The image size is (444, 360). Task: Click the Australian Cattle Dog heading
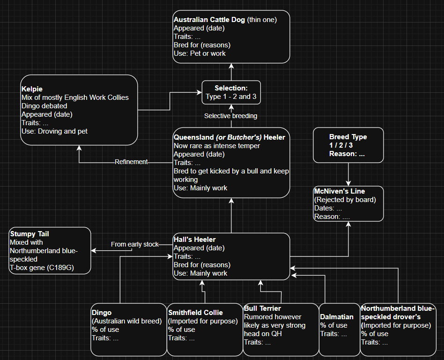pyautogui.click(x=209, y=20)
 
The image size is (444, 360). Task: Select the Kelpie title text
pyautogui.click(x=32, y=89)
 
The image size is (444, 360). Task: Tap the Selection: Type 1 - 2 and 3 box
pyautogui.click(x=231, y=93)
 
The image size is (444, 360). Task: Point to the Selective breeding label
pyautogui.click(x=231, y=116)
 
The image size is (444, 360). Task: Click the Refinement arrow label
pyautogui.click(x=131, y=162)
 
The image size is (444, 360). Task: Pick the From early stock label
pyautogui.click(x=134, y=244)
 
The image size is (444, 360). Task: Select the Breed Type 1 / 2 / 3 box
pyautogui.click(x=348, y=145)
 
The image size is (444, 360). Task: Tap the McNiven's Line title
pyautogui.click(x=339, y=191)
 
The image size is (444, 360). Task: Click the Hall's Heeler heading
pyautogui.click(x=194, y=240)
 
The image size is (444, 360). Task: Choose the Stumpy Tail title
pyautogui.click(x=29, y=234)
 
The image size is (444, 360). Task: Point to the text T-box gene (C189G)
pyautogui.click(x=41, y=268)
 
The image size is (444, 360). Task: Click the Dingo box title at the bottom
pyautogui.click(x=102, y=313)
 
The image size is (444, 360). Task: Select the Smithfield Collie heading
pyautogui.click(x=195, y=313)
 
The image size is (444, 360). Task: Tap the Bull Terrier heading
pyautogui.click(x=262, y=308)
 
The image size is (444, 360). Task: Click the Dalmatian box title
pyautogui.click(x=336, y=317)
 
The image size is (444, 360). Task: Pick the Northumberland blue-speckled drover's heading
pyautogui.click(x=398, y=313)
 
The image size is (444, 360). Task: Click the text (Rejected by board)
pyautogui.click(x=345, y=200)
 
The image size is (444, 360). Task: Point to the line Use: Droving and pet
pyautogui.click(x=54, y=131)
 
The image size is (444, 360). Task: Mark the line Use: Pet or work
pyautogui.click(x=200, y=53)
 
